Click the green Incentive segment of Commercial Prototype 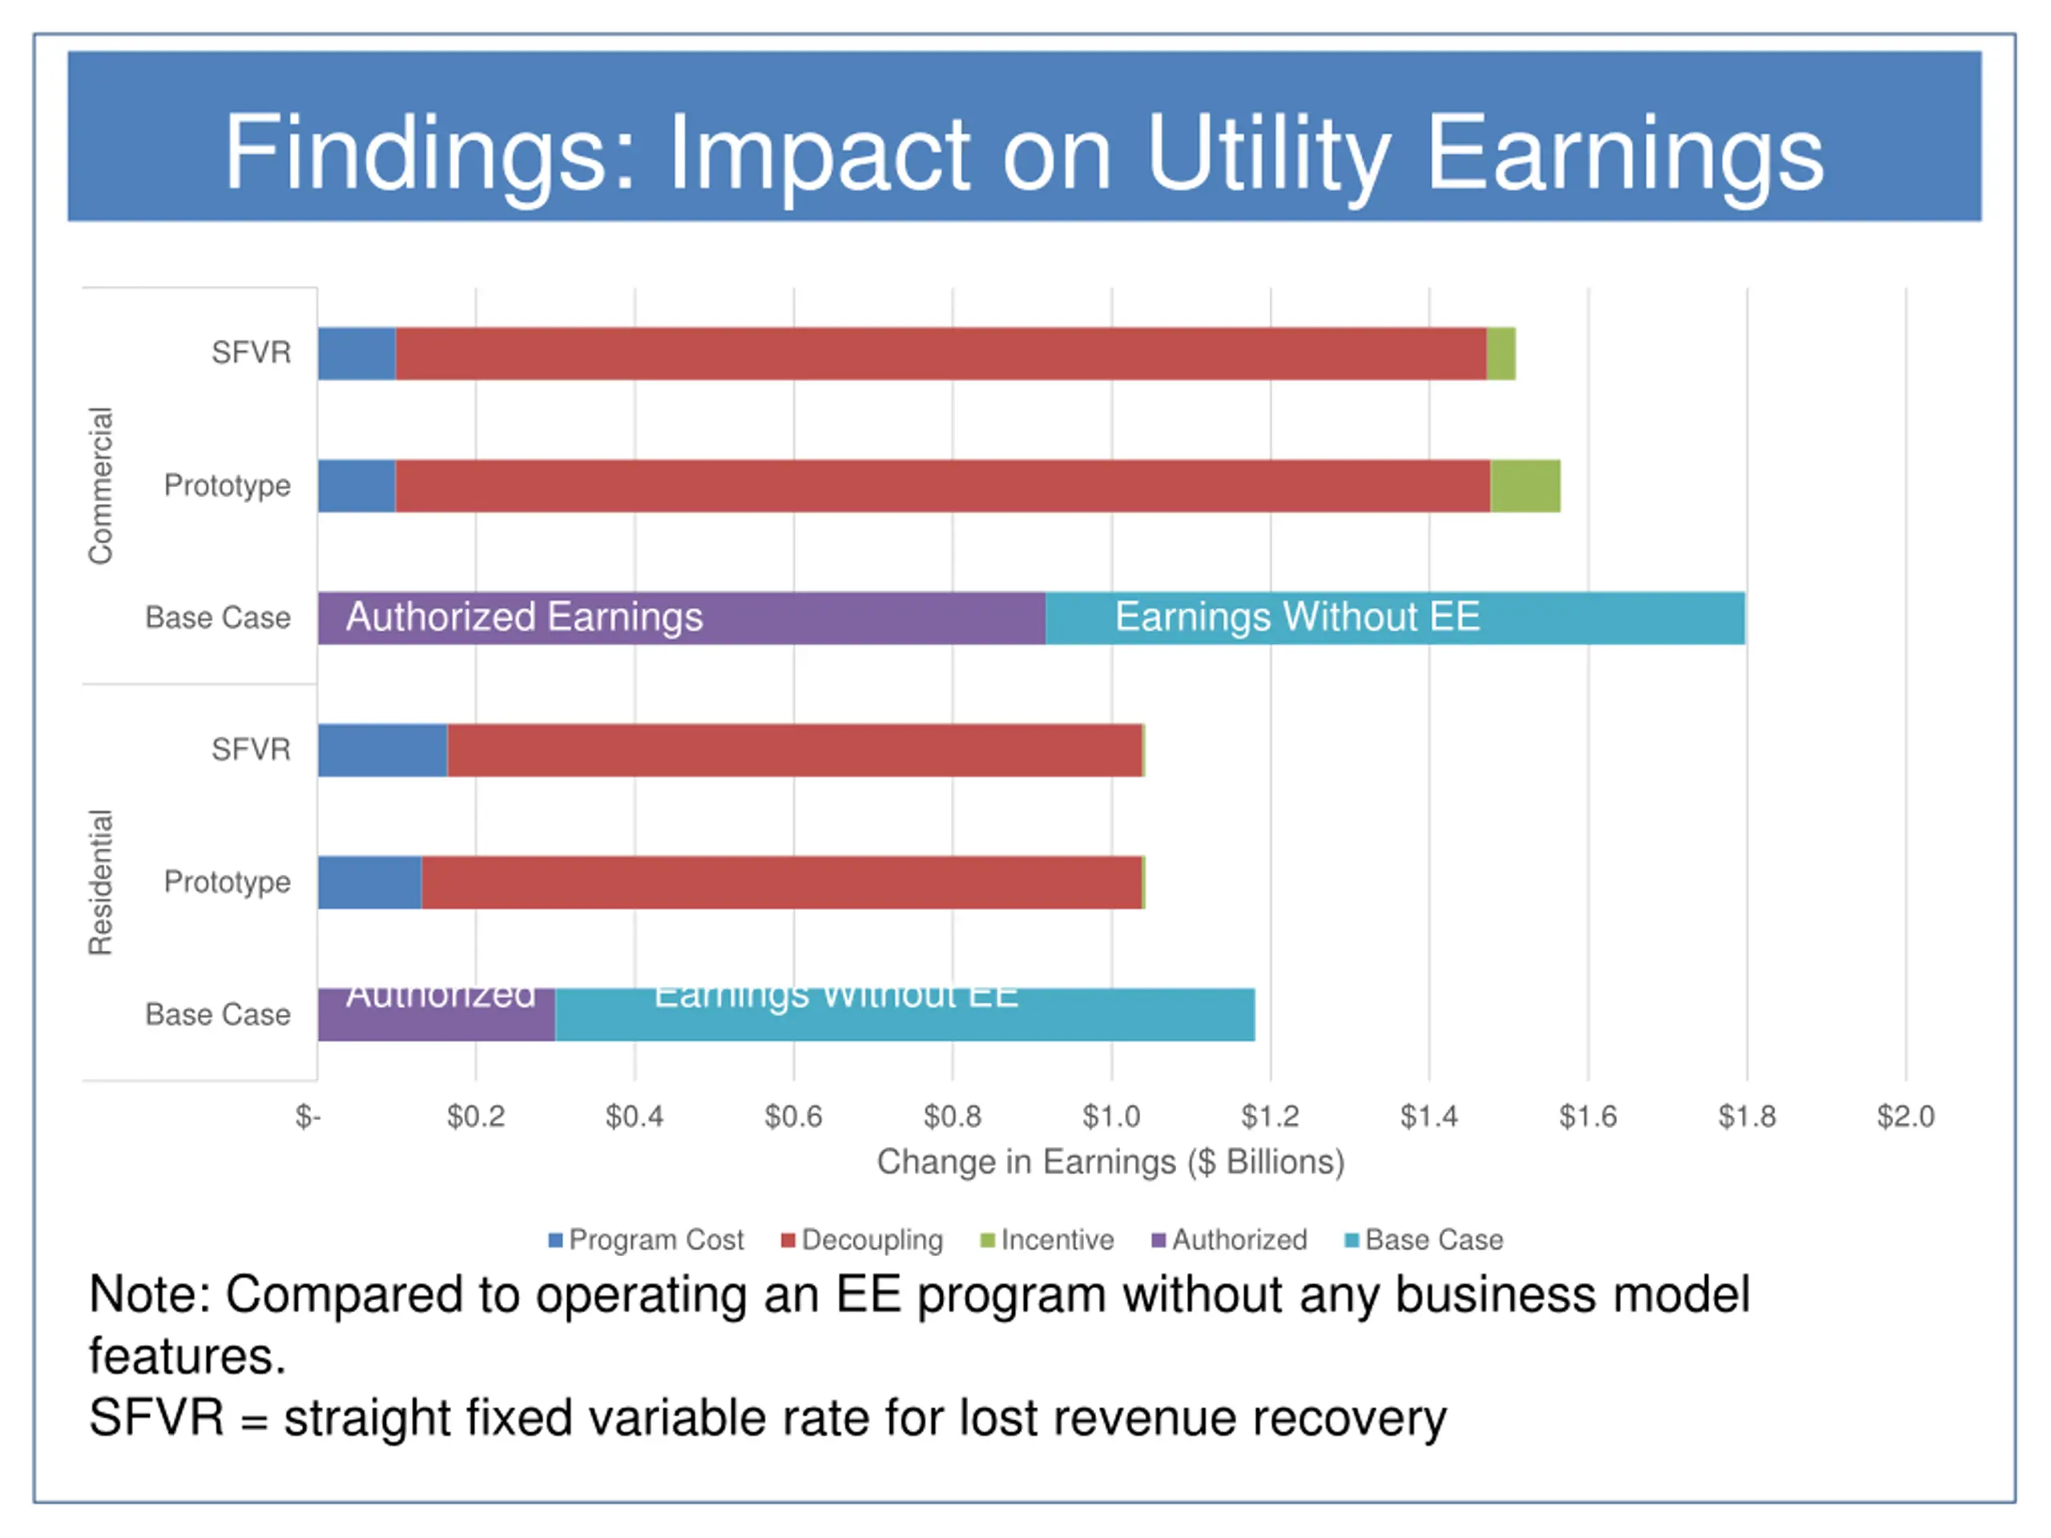[1525, 485]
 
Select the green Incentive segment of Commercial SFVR [1501, 353]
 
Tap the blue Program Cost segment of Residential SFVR [382, 750]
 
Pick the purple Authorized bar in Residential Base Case [436, 1015]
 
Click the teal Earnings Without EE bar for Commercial [1395, 618]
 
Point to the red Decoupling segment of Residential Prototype [780, 883]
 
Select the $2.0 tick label [1904, 1116]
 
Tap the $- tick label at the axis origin [308, 1116]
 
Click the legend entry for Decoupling [862, 1240]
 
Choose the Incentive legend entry [1048, 1240]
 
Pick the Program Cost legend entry [647, 1240]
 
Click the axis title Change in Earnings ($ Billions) [1110, 1162]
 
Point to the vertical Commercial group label [100, 485]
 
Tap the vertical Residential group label [100, 883]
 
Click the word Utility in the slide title [1267, 154]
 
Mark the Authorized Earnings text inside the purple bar [524, 618]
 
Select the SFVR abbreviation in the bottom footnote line [155, 1419]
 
